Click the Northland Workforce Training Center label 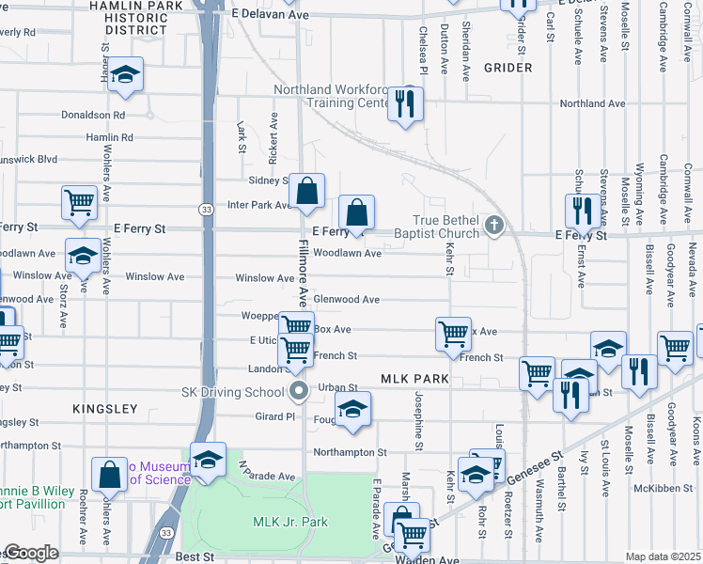tap(332, 97)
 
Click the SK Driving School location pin tap(300, 390)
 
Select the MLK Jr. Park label tap(290, 523)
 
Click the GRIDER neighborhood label tap(508, 68)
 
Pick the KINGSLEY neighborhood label tap(105, 409)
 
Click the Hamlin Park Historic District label tap(144, 18)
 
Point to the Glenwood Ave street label tap(346, 300)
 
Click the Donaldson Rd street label tap(92, 115)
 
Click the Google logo tap(30, 554)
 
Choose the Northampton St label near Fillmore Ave tap(350, 452)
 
